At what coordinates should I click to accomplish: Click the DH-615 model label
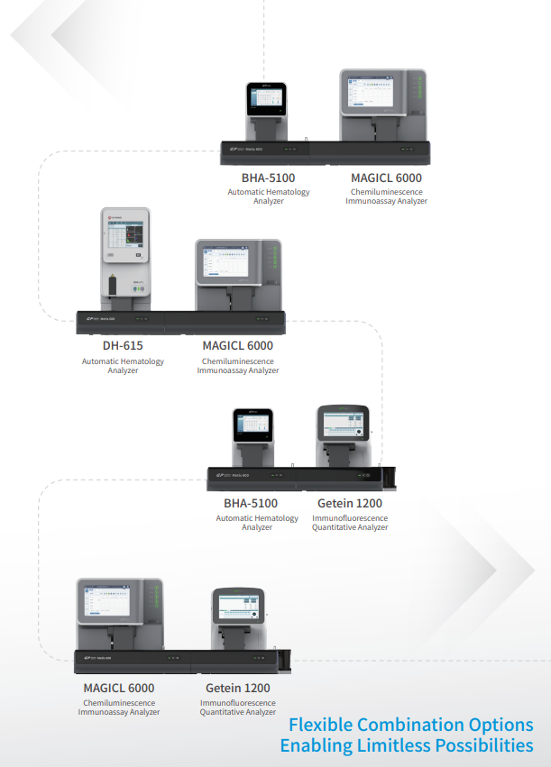coord(123,345)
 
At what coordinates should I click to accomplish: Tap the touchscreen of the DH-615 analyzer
coord(125,239)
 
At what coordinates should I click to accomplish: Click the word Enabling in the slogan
coord(310,745)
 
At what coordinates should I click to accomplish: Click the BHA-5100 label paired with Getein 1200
coord(251,503)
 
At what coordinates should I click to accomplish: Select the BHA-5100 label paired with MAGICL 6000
coord(268,178)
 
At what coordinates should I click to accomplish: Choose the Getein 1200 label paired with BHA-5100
coord(350,503)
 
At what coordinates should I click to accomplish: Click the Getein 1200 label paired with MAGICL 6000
coord(237,688)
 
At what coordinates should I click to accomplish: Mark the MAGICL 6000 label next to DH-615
coord(237,345)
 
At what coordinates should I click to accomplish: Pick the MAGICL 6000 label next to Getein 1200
coord(119,688)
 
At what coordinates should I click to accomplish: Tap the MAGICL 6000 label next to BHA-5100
coord(386,178)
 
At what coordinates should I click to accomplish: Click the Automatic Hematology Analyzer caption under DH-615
coord(123,366)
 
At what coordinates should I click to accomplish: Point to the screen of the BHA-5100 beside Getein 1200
coord(253,425)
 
